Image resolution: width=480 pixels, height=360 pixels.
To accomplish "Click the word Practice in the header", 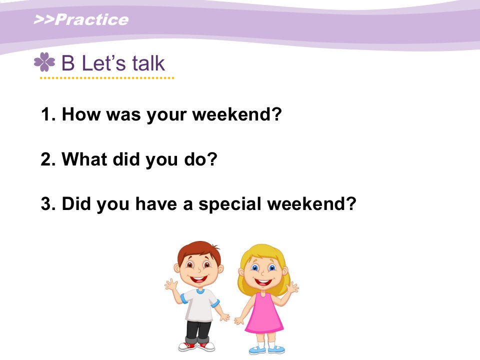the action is (92, 19).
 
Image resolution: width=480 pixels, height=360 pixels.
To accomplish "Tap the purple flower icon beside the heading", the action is (44, 62).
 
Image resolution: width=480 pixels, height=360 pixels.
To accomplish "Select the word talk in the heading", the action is (149, 63).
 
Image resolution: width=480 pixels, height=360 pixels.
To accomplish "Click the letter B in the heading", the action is (68, 63).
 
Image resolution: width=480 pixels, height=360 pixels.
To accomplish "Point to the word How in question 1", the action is (81, 114).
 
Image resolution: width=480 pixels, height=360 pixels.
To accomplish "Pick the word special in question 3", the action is (230, 204).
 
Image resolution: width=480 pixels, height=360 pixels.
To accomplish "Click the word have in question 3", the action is (156, 204).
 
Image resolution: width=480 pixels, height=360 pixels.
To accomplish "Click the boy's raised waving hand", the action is (171, 284).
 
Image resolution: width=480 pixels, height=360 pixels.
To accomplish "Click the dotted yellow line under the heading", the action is (107, 78).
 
